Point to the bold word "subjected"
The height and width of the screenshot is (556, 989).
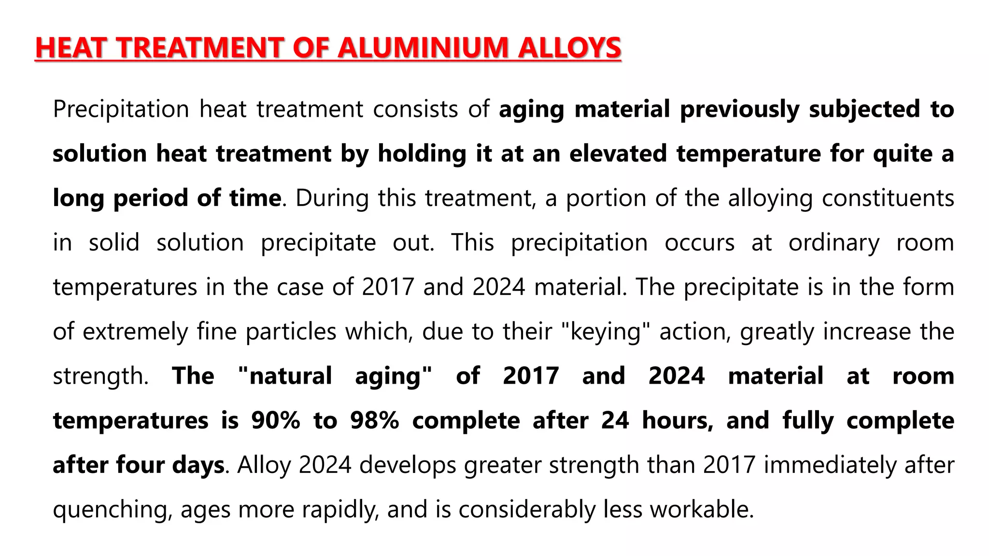coord(864,109)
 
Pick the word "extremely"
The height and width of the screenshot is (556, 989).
coord(135,332)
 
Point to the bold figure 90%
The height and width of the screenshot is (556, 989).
coord(276,420)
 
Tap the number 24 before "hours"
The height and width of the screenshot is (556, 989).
coord(615,420)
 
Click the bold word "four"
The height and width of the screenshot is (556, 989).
coord(140,465)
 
